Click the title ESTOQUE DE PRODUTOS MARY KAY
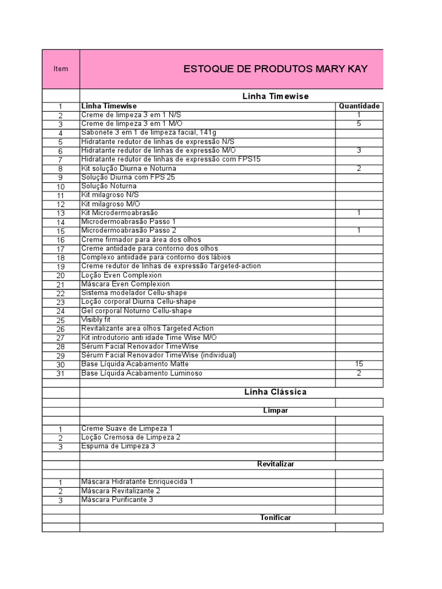(275, 69)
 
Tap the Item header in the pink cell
(60, 69)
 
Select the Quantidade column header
(359, 106)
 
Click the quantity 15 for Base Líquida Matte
(359, 364)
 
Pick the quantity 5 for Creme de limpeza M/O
(359, 124)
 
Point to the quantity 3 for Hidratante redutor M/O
(359, 150)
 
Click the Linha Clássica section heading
(275, 392)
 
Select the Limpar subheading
(275, 411)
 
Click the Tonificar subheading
(275, 518)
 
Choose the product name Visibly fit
(96, 320)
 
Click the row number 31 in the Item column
(60, 374)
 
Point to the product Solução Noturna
(109, 186)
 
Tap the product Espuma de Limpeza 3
(118, 446)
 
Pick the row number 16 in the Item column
(60, 240)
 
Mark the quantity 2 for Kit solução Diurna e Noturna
(359, 169)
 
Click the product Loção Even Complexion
(121, 276)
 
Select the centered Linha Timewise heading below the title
(275, 96)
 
